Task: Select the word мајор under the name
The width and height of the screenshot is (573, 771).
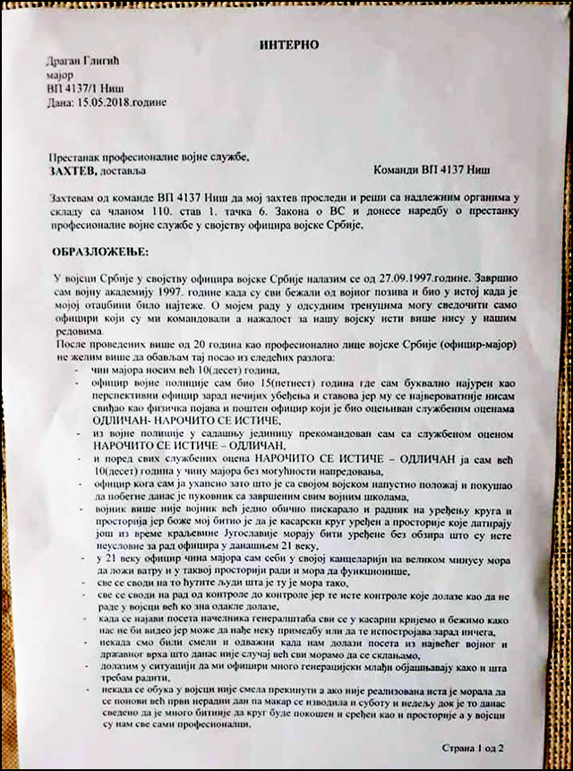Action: tap(63, 76)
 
